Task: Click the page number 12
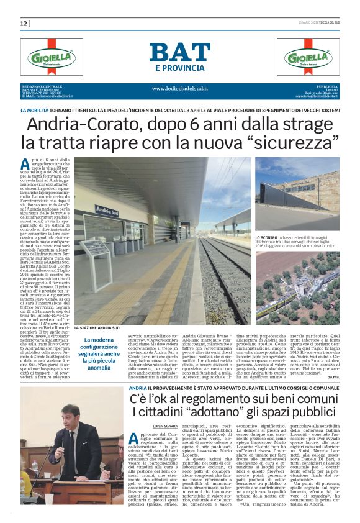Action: tap(24, 23)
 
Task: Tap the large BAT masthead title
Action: tap(179, 53)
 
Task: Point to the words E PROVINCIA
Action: tap(179, 68)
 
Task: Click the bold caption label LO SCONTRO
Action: tap(267, 238)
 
